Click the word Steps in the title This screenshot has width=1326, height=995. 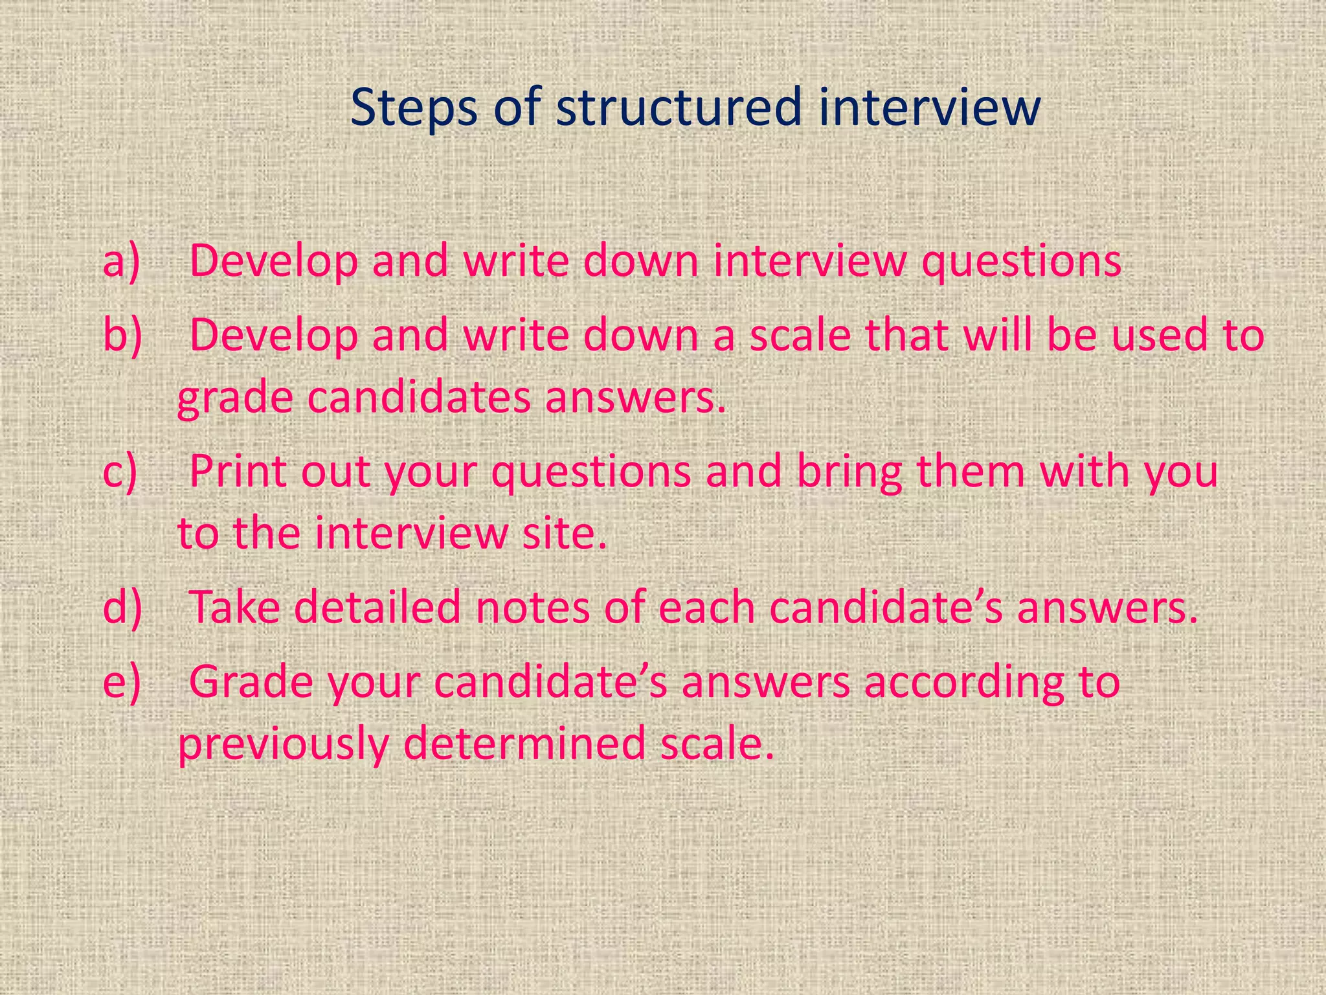[414, 108]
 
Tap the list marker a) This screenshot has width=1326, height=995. [121, 261]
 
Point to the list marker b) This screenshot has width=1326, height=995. [122, 335]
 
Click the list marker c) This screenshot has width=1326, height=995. [120, 471]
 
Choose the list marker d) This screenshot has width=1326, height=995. [122, 608]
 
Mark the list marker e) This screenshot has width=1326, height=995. [121, 681]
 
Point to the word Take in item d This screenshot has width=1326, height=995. [234, 608]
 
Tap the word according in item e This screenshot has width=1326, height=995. [964, 683]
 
